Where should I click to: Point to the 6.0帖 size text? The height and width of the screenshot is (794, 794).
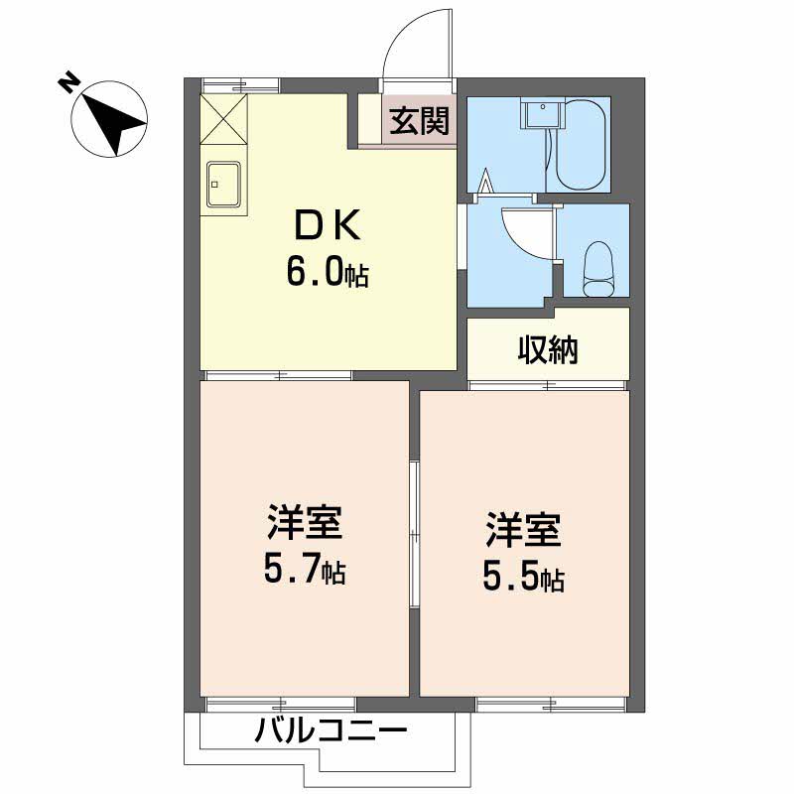point(327,270)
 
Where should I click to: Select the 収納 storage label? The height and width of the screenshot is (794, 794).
point(547,348)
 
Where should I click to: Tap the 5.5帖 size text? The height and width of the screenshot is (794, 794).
point(523,576)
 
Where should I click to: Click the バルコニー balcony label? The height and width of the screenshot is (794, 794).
point(331,733)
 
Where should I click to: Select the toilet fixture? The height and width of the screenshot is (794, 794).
point(598,270)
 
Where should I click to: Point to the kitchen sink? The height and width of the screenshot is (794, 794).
point(225,184)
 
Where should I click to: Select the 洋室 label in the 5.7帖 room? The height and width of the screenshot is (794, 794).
point(304,523)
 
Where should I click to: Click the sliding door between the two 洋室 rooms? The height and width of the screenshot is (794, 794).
point(415,536)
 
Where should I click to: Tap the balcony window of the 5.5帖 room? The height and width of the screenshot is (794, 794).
point(551,705)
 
